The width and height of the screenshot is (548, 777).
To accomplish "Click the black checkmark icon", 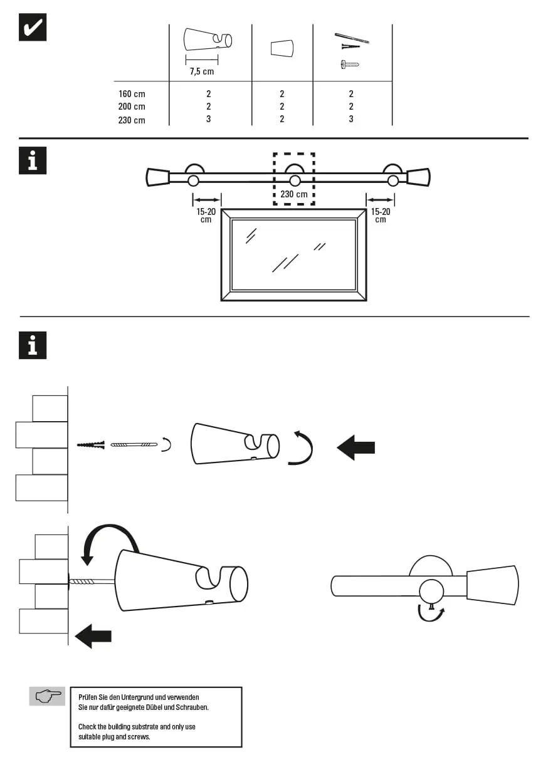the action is pos(32,27).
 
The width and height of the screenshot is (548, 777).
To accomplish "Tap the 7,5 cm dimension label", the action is pos(202,71).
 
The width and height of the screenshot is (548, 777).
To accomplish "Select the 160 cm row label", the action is pos(132,94).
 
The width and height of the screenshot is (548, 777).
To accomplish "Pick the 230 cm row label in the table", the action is pos(132,120).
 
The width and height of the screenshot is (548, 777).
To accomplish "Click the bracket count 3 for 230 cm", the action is pos(208,119).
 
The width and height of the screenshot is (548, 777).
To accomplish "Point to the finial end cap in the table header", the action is pos(282,48).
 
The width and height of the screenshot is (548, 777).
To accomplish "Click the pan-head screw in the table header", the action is pos(350,64).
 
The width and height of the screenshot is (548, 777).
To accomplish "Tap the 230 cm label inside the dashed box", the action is pos(294,194).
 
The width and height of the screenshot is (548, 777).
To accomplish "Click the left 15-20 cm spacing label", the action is pos(206,215).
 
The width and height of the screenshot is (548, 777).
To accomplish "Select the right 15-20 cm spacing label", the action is pos(381,215).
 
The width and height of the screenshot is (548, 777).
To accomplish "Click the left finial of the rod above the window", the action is pos(157,177).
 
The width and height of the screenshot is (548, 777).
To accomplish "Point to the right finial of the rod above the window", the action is pos(418,177).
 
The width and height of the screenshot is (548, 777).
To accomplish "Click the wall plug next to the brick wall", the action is pos(90,445).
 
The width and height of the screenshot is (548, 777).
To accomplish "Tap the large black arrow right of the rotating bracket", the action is pos(356,447).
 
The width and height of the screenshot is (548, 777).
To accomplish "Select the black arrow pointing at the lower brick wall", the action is pos(93,636).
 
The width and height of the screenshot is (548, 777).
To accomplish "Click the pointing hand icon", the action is pos(48,696).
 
